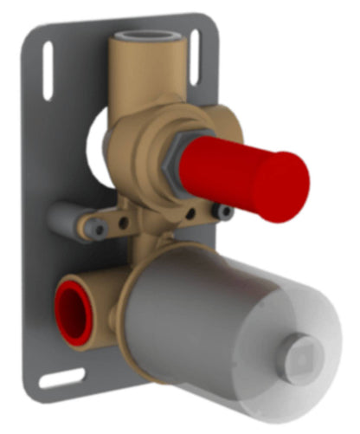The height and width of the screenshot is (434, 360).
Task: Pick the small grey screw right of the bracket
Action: (225, 211)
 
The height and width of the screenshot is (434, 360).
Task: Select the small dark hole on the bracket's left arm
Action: (126, 222)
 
